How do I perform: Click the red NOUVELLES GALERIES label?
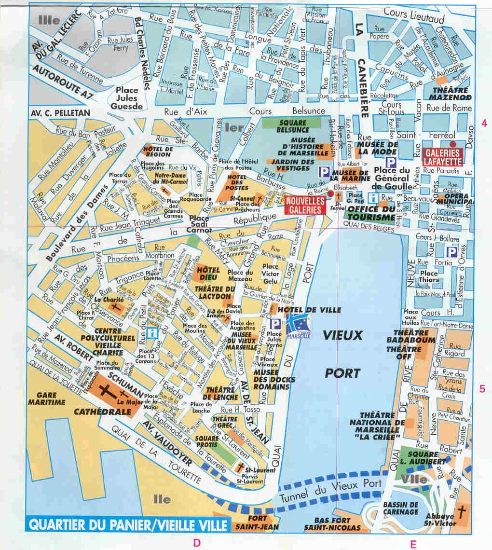point(304,205)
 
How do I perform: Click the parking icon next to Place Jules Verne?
point(276,324)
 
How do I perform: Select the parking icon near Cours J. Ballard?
point(452,251)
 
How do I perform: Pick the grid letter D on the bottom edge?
point(196,543)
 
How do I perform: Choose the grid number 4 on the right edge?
point(484,123)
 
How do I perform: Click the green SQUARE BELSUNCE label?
point(292,126)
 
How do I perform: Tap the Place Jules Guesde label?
point(127,98)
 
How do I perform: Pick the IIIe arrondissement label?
point(50,20)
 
